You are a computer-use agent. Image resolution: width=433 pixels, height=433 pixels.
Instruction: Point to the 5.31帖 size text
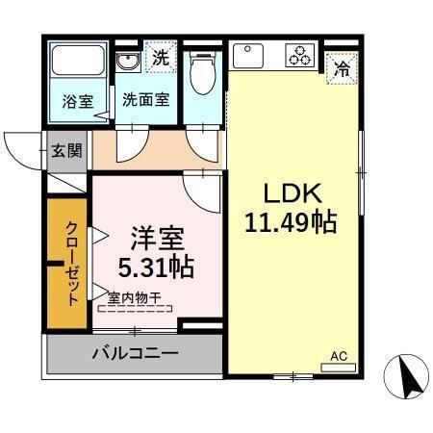click(x=156, y=265)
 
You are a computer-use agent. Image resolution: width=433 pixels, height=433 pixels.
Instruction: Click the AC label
click(x=338, y=355)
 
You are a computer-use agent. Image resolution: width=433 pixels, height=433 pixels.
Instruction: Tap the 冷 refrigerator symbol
click(x=341, y=68)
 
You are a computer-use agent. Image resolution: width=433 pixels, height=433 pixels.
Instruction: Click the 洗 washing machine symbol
click(x=162, y=56)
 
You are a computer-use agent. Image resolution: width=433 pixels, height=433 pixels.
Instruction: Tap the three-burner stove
click(x=298, y=56)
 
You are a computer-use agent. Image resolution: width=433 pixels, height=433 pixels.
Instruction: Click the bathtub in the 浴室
click(x=77, y=64)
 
